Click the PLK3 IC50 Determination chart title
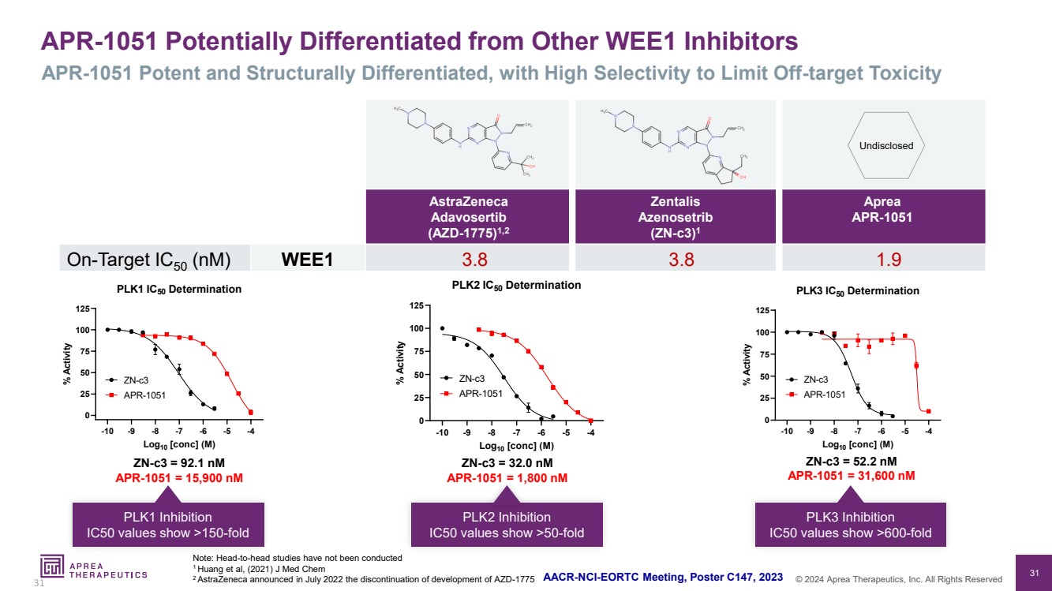(x=858, y=290)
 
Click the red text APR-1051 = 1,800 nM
(x=507, y=477)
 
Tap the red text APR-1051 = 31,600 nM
(x=852, y=475)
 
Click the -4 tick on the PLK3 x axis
(x=929, y=432)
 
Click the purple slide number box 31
(x=1034, y=572)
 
